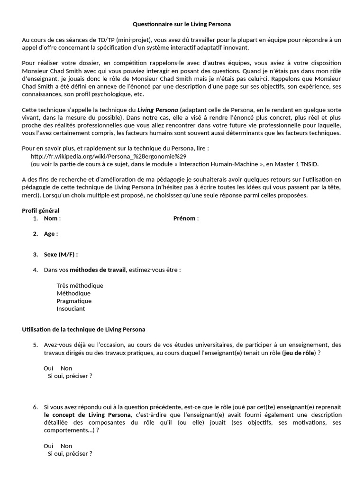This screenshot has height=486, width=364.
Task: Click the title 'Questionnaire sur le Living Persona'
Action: point(182,24)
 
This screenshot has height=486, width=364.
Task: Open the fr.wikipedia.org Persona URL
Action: point(109,156)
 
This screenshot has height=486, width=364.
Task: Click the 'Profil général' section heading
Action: point(41,211)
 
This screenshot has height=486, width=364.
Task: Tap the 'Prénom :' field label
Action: point(186,218)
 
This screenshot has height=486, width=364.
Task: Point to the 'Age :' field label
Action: point(51,234)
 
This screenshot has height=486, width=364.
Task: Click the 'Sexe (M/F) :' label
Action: point(61,254)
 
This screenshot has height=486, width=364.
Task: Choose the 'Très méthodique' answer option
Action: point(80,286)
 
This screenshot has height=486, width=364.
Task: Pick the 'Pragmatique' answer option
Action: point(74,301)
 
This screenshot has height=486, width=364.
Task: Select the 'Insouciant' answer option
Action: point(71,308)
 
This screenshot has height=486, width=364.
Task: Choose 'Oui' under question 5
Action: point(48,368)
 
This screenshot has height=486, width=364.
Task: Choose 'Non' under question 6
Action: point(66,446)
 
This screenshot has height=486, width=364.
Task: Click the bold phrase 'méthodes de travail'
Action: point(98,270)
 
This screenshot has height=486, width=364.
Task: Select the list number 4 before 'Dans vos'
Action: point(36,270)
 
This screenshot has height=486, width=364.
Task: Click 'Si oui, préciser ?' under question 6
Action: point(70,453)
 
